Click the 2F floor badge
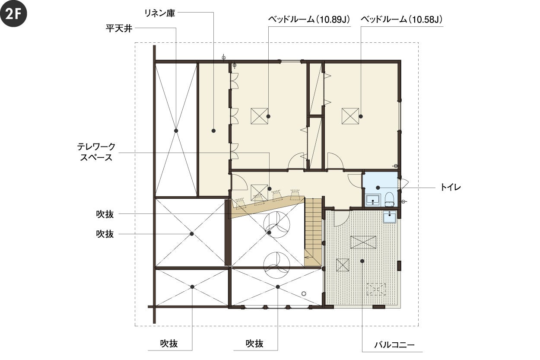(x=13, y=13)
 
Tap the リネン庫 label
(x=159, y=13)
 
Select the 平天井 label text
(x=119, y=29)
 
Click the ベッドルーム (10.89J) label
(x=309, y=19)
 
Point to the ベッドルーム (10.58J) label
(x=402, y=19)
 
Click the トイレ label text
(x=451, y=188)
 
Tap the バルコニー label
(x=394, y=345)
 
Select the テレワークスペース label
(x=96, y=152)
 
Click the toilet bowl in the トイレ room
(x=389, y=200)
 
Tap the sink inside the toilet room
(x=373, y=200)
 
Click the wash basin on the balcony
(x=390, y=217)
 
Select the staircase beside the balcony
(x=313, y=232)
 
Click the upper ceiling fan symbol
(x=276, y=224)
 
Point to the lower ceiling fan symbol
(x=276, y=265)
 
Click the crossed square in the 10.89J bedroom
(x=259, y=116)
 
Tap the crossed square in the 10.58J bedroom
(x=350, y=116)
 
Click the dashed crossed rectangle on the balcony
(x=376, y=290)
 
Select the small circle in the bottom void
(x=304, y=293)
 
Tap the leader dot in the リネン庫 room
(x=213, y=131)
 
